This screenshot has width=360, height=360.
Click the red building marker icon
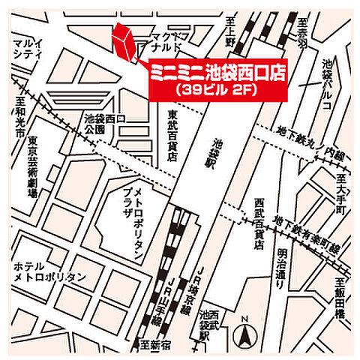124,43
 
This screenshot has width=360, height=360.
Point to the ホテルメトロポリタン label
49,271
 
